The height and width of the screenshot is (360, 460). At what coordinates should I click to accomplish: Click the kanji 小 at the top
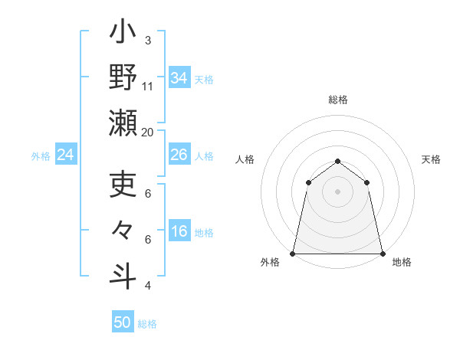[x=123, y=35]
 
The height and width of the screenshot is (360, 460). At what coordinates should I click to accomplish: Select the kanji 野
[x=123, y=79]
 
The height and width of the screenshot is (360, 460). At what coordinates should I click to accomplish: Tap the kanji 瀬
[x=123, y=124]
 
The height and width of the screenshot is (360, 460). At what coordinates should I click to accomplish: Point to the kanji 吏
[x=123, y=185]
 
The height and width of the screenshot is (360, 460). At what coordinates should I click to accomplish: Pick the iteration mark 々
[x=123, y=231]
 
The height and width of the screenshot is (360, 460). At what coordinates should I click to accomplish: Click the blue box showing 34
[x=179, y=78]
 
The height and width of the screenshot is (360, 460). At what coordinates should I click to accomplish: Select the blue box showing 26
[x=179, y=155]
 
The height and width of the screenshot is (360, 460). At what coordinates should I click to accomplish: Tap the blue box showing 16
[x=179, y=232]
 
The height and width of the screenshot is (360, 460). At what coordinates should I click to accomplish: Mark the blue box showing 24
[x=66, y=155]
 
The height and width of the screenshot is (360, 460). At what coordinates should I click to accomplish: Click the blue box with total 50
[x=123, y=322]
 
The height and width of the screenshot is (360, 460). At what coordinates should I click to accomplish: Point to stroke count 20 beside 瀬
[x=148, y=132]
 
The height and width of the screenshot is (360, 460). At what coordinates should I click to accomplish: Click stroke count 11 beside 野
[x=148, y=86]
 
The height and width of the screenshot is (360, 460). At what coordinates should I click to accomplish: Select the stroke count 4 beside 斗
[x=148, y=286]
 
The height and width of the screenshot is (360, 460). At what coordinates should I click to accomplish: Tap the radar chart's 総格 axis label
[x=337, y=100]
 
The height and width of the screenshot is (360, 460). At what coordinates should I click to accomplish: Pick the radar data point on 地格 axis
[x=383, y=253]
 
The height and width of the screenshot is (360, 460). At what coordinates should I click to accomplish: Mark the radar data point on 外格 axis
[x=293, y=253]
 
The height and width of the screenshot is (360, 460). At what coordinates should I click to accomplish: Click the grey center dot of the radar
[x=337, y=191]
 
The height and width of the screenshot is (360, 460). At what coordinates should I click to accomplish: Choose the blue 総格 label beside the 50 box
[x=147, y=324]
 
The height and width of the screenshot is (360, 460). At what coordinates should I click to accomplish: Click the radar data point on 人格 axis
[x=308, y=182]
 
